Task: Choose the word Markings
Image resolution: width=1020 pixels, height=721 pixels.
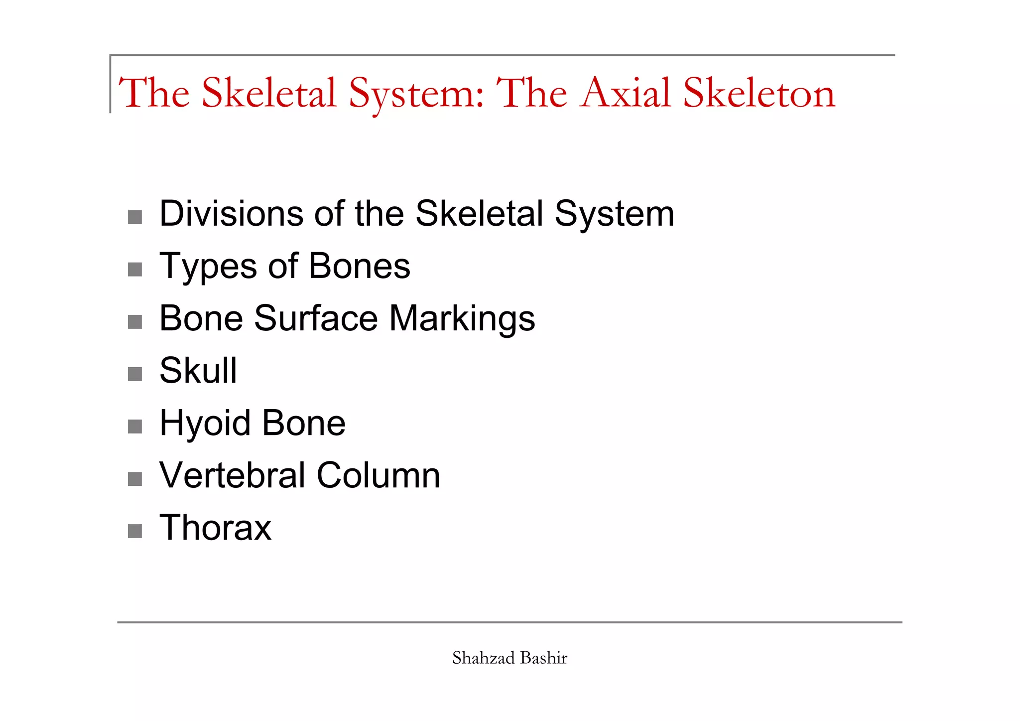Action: [x=462, y=319]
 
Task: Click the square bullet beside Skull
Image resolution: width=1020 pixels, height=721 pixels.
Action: [x=135, y=374]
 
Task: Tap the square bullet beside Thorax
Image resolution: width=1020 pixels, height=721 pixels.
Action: [x=135, y=531]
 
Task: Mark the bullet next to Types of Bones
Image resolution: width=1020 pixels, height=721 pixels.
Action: [x=135, y=270]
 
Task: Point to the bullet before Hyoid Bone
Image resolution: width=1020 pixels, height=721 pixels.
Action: [x=135, y=427]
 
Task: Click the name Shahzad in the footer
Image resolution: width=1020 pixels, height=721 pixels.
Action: [x=483, y=658]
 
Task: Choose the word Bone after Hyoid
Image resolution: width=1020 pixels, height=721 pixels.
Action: [x=303, y=423]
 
